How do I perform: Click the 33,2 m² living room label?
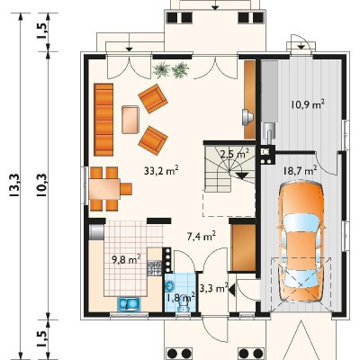pyautogui.click(x=161, y=171)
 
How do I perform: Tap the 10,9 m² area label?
pyautogui.click(x=308, y=104)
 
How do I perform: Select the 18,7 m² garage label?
pyautogui.click(x=301, y=171)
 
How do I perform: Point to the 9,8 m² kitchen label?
pyautogui.click(x=127, y=259)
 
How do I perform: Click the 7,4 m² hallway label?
pyautogui.click(x=202, y=236)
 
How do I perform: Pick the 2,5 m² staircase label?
pyautogui.click(x=235, y=154)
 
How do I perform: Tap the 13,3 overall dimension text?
pyautogui.click(x=14, y=185)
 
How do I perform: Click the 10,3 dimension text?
pyautogui.click(x=41, y=185)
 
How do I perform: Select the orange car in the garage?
pyautogui.click(x=301, y=242)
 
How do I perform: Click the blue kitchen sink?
pyautogui.click(x=129, y=303)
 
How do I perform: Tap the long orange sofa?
pyautogui.click(x=103, y=120)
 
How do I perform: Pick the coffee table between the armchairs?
pyautogui.click(x=130, y=120)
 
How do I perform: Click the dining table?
pyautogui.click(x=104, y=189)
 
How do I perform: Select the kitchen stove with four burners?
pyautogui.click(x=154, y=268)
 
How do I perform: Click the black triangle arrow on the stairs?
pyautogui.click(x=242, y=175)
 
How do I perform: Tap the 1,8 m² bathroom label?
pyautogui.click(x=181, y=298)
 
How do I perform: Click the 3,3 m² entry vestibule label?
pyautogui.click(x=213, y=289)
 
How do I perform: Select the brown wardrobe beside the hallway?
pyautogui.click(x=243, y=247)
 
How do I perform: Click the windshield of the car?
pyautogui.click(x=301, y=221)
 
